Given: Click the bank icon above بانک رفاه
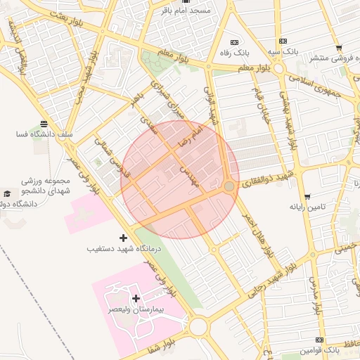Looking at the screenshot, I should (235, 41).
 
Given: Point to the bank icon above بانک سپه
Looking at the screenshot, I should (283, 41).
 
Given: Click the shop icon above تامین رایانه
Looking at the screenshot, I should (307, 196).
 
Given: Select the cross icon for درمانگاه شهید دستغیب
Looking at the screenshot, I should (124, 238).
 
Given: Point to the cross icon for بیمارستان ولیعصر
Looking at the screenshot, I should (136, 299).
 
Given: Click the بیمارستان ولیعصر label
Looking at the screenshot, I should (138, 309).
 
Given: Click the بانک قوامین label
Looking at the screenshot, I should (320, 349).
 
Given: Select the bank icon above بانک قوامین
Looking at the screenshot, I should (320, 339).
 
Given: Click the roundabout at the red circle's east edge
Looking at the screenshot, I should (229, 186).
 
